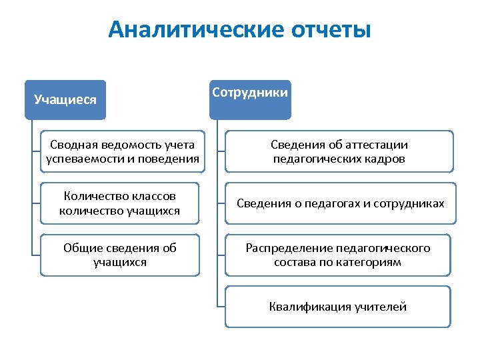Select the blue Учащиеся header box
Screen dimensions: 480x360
click(x=65, y=100)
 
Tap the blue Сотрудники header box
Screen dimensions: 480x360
click(x=250, y=93)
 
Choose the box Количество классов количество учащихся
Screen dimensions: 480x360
click(x=120, y=203)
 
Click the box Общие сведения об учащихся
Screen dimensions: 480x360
click(x=120, y=255)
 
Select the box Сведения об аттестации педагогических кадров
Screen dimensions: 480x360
click(x=339, y=151)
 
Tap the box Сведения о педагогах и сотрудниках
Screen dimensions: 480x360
click(x=340, y=203)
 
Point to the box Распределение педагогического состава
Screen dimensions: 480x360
click(x=338, y=255)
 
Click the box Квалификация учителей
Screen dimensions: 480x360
click(x=338, y=307)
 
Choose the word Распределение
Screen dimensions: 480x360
click(x=287, y=248)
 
